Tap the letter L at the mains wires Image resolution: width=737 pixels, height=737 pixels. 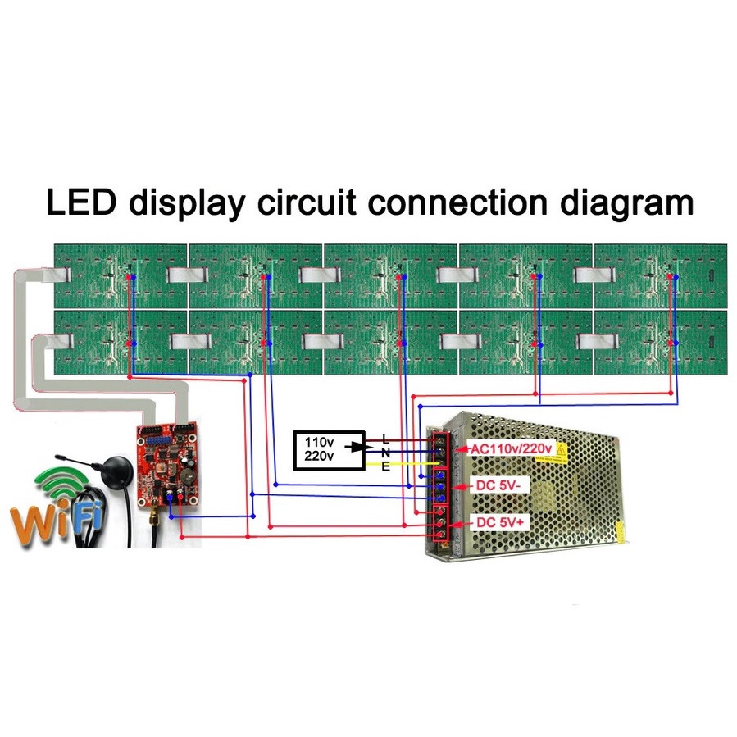tap(385, 438)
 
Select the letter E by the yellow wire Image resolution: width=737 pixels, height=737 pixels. tap(385, 466)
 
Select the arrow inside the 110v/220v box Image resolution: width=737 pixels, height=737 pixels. tap(353, 448)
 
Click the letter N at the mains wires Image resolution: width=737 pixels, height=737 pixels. tap(385, 452)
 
